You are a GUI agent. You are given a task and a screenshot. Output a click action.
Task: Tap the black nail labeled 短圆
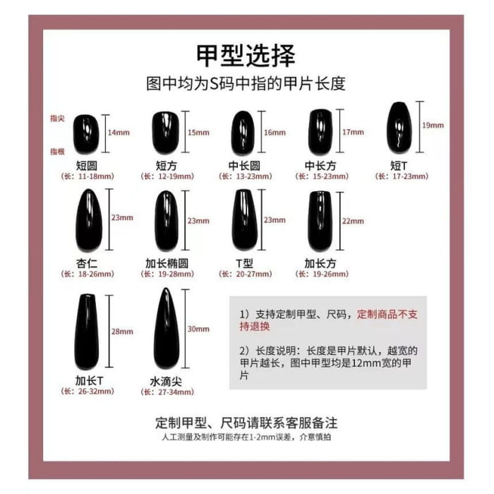[86, 133]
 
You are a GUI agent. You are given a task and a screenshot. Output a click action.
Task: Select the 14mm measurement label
[119, 133]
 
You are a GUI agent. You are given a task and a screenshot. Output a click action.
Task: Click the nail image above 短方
[166, 132]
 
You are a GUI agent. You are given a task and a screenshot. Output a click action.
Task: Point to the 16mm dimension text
[275, 133]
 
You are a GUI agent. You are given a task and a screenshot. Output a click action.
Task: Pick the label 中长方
[320, 166]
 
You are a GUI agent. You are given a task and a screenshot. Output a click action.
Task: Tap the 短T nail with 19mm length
[399, 127]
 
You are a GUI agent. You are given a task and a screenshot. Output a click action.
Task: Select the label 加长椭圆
[167, 263]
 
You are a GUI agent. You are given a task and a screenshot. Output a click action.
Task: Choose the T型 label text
[244, 263]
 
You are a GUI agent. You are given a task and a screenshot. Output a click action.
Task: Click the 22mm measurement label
[353, 220]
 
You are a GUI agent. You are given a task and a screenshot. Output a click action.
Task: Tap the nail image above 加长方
[320, 221]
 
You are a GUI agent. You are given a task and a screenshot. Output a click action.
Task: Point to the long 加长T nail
[87, 332]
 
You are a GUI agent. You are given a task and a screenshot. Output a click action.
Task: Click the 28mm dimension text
[121, 332]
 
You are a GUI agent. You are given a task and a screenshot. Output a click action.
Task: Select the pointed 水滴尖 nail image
[167, 329]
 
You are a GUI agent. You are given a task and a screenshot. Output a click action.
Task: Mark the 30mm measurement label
[198, 329]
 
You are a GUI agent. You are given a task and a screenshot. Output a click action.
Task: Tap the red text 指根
[57, 151]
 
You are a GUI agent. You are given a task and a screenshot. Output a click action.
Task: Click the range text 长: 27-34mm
[167, 392]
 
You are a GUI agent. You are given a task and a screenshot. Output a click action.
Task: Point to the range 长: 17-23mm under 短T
[400, 176]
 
